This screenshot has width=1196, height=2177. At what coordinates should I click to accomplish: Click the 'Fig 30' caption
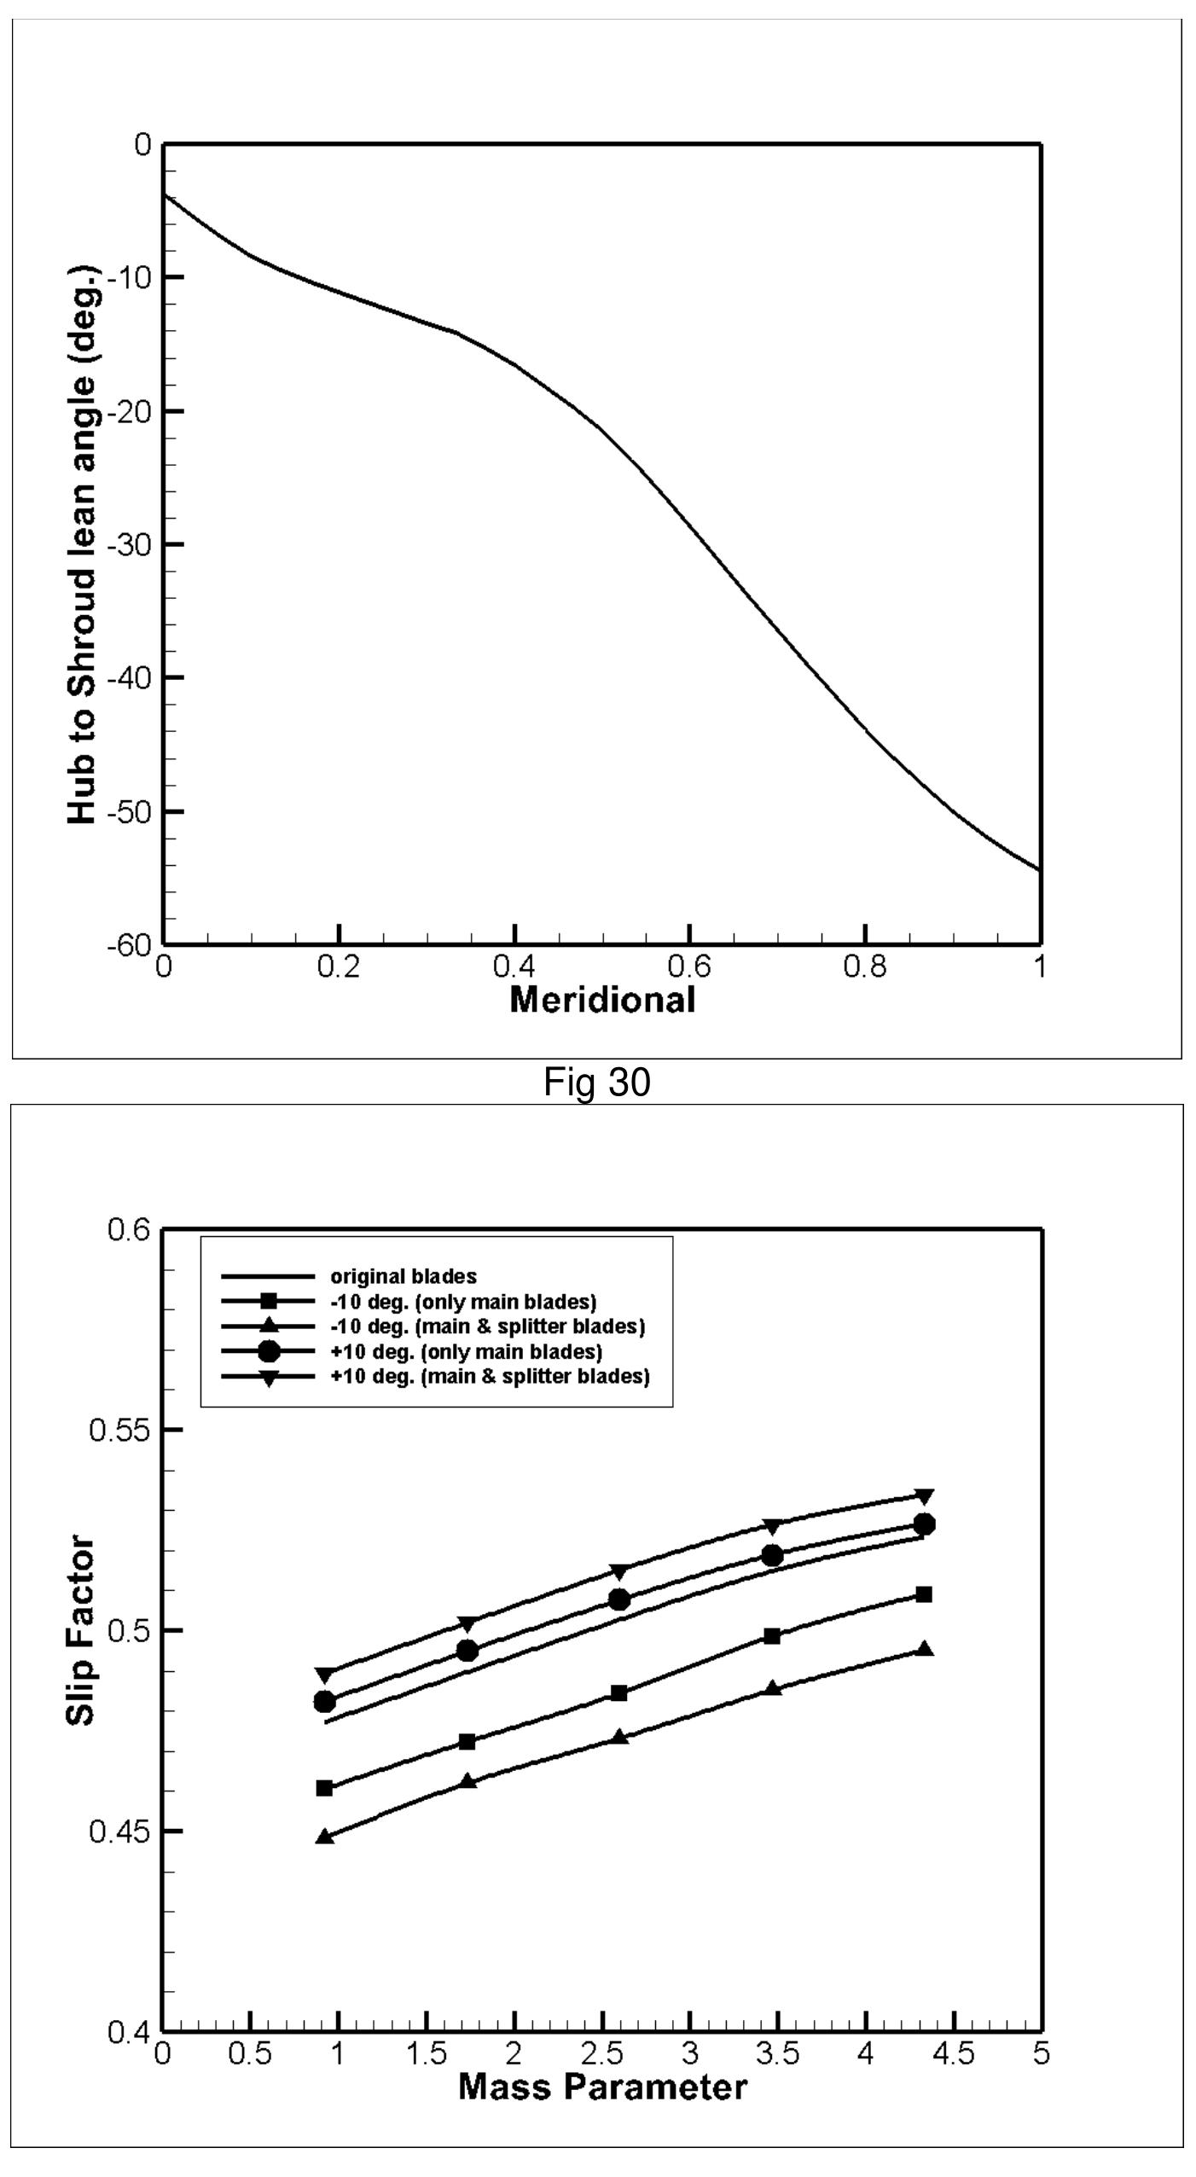pyautogui.click(x=597, y=1083)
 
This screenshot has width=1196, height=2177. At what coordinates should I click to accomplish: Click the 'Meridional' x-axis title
pyautogui.click(x=602, y=999)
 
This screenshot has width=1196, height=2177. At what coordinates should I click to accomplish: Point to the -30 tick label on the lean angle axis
pyautogui.click(x=129, y=544)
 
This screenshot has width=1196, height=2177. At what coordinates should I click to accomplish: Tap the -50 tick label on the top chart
pyautogui.click(x=129, y=810)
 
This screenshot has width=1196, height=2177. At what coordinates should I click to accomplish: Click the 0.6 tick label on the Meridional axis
pyautogui.click(x=689, y=968)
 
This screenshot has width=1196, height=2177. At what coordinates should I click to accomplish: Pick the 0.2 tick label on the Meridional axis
pyautogui.click(x=339, y=968)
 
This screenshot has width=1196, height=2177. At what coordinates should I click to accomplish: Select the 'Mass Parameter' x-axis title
pyautogui.click(x=602, y=2087)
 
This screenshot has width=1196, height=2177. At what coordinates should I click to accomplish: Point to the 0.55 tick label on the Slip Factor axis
pyautogui.click(x=119, y=1430)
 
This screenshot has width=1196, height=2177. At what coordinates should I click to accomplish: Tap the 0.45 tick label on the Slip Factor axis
pyautogui.click(x=119, y=1832)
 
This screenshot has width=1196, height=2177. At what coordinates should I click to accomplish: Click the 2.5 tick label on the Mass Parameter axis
pyautogui.click(x=602, y=2053)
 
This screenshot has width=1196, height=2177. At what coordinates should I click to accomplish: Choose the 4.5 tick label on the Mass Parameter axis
pyautogui.click(x=953, y=2053)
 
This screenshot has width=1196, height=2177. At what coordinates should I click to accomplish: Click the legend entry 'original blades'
pyautogui.click(x=403, y=1277)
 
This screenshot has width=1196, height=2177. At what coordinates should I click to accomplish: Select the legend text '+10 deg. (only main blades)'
pyautogui.click(x=466, y=1352)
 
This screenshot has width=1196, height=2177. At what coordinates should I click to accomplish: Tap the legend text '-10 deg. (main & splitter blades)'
pyautogui.click(x=487, y=1327)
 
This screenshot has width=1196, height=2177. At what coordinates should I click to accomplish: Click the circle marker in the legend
pyautogui.click(x=269, y=1351)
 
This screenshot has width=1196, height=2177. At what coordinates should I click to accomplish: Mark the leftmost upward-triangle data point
pyautogui.click(x=324, y=1837)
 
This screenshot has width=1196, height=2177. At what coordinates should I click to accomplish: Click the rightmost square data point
pyautogui.click(x=923, y=1594)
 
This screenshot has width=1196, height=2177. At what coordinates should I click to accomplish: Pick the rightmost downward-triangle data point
pyautogui.click(x=923, y=1496)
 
